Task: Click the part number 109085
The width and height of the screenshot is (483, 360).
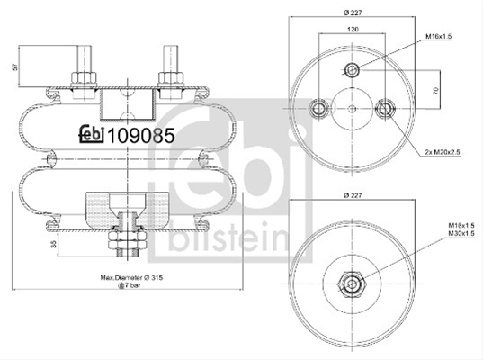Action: coord(140,136)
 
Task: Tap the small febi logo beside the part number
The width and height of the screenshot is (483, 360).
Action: coord(92,134)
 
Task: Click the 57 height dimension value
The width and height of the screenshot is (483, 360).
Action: coord(14,67)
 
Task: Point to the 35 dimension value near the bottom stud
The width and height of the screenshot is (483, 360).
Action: coord(53,245)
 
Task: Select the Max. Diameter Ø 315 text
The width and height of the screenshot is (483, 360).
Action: coord(131,278)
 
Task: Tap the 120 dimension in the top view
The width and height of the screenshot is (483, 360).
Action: coord(353,30)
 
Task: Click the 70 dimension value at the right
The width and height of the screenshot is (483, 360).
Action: coord(435,91)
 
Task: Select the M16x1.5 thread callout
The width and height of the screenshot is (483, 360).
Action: coord(438,36)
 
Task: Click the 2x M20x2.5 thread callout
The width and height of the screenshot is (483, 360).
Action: coord(443,152)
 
